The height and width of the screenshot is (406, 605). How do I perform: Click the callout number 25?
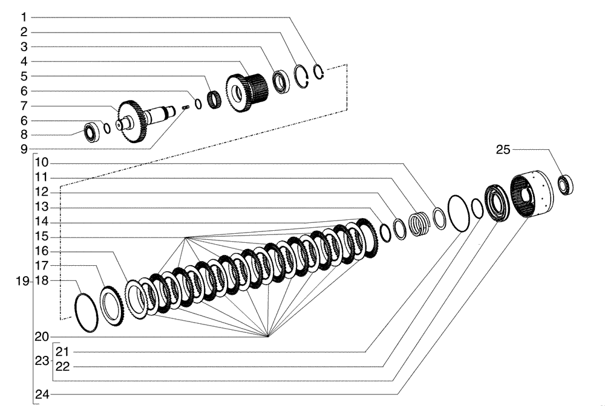coord(503,150)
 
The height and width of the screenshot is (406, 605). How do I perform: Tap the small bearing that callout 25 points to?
coord(566,184)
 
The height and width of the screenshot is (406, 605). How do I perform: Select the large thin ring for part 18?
coord(87,312)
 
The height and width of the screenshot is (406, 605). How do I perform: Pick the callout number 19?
coord(22,281)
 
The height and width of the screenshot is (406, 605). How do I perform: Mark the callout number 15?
coord(42,236)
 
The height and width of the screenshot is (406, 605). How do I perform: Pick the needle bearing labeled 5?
coord(214,99)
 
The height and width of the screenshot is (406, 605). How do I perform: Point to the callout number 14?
coord(42,222)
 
